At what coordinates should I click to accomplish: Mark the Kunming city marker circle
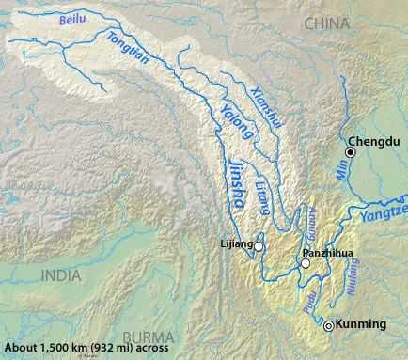329,326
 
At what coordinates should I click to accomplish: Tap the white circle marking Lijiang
259,246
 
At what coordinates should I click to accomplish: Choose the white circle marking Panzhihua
305,266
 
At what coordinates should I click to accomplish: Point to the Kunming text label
361,325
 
